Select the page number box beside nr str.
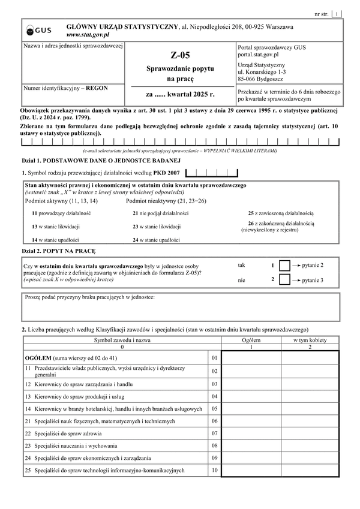click(337, 13)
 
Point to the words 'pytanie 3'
click(312, 280)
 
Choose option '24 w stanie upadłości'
click(157, 239)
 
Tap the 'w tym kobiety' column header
click(310, 339)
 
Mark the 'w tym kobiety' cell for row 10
click(310, 471)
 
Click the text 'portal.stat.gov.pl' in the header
click(259, 53)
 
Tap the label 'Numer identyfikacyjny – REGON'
click(65, 88)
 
